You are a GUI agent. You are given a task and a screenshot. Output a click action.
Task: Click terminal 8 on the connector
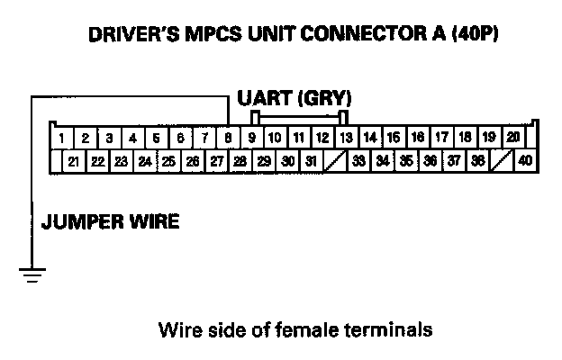[x=229, y=139]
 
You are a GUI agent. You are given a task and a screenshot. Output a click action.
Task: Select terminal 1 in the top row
[x=60, y=139]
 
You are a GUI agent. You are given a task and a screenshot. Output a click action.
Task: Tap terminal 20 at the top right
[x=512, y=138]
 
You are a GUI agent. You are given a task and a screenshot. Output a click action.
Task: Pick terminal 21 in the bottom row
[x=73, y=162]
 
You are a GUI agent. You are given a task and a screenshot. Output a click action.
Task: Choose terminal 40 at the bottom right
[x=525, y=162]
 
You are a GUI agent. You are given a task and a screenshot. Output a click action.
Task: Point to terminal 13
[x=347, y=139]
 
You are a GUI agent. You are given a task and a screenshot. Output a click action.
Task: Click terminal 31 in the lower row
[x=310, y=162]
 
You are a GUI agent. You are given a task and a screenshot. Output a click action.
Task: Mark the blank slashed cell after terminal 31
[x=334, y=162]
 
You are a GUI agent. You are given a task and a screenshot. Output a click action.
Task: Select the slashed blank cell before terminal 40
[x=502, y=162]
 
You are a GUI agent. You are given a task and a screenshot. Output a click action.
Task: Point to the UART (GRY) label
[x=294, y=97]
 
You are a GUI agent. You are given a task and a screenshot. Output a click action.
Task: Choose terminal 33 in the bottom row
[x=358, y=162]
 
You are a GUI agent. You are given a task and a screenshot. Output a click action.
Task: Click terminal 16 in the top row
[x=418, y=139]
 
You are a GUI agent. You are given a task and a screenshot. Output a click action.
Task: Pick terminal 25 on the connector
[x=168, y=162]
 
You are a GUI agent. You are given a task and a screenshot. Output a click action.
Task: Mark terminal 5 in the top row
[x=157, y=139]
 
